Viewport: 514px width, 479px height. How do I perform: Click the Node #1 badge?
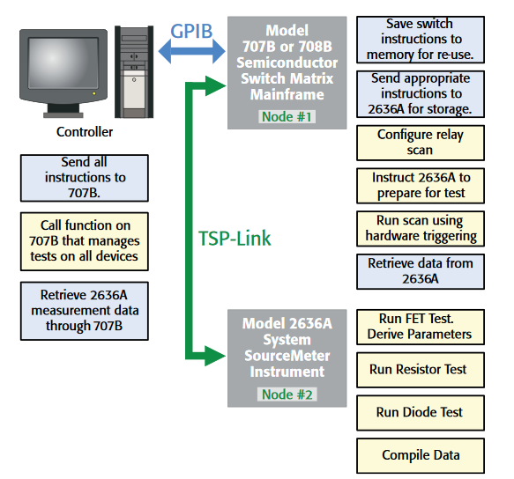point(287,116)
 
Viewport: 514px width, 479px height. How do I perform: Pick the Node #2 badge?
point(287,394)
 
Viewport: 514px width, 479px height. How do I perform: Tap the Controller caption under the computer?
point(85,132)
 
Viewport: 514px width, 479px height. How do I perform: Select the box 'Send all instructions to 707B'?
point(84,177)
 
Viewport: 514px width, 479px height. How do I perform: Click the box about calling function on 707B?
point(84,241)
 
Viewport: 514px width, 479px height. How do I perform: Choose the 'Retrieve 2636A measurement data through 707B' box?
point(84,310)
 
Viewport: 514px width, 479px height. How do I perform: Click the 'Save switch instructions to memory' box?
point(420,40)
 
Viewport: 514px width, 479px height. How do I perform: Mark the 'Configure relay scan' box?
point(420,143)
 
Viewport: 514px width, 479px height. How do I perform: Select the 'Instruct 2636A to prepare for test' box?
point(420,185)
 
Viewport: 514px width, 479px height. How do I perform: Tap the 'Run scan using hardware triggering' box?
point(420,228)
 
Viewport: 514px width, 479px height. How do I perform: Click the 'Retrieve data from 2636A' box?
point(420,271)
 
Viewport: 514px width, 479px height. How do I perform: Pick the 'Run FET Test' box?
point(420,327)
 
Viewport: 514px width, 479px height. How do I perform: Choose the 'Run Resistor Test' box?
point(420,370)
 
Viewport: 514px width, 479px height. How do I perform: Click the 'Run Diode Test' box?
point(420,412)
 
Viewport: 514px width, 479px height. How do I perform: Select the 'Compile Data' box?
point(420,455)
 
